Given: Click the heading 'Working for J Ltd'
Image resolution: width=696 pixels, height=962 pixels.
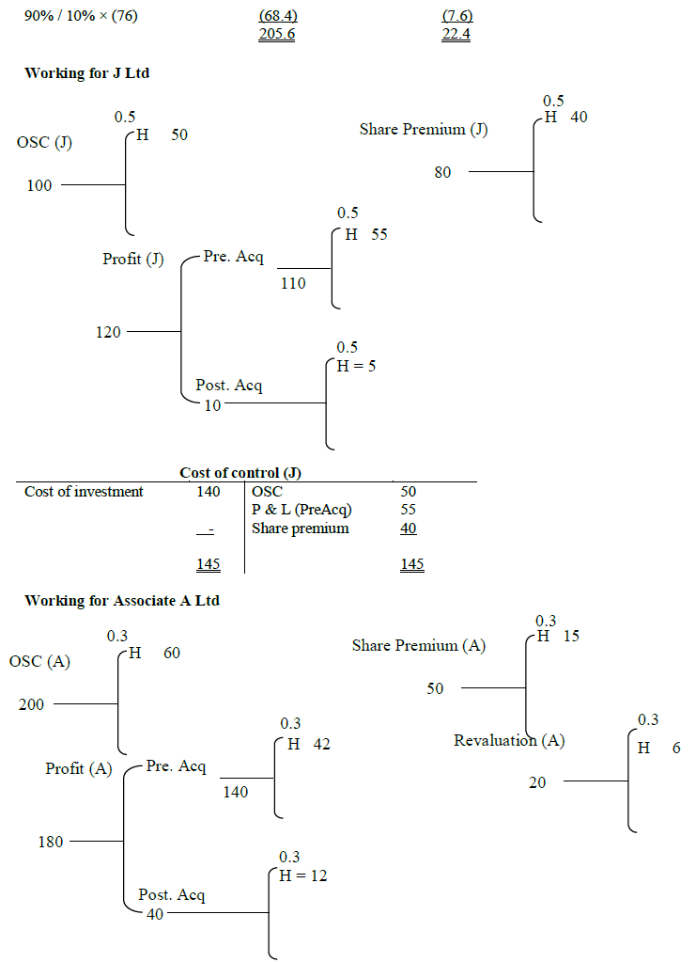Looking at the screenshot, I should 87,73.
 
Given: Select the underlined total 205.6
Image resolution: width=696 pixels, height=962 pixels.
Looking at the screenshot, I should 277,35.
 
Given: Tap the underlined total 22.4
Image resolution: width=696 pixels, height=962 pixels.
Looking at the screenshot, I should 456,35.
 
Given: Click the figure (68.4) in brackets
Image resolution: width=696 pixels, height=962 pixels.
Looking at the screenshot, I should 277,17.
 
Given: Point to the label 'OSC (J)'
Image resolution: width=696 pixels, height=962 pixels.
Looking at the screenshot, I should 44,143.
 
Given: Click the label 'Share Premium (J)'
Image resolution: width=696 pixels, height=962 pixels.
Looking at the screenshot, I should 424,130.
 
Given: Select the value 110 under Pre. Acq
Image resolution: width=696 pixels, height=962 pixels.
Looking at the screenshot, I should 293,283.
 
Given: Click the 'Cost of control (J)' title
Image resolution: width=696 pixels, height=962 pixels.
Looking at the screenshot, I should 247,472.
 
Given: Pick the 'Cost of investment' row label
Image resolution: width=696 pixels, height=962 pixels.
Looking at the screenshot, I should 84,491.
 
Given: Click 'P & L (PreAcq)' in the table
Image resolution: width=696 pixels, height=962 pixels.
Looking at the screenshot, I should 302,510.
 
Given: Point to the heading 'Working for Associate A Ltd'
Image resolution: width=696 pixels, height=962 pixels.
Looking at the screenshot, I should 122,600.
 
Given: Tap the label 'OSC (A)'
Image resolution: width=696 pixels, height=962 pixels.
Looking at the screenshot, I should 40,662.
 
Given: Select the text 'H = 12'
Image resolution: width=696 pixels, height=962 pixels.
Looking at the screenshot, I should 303,875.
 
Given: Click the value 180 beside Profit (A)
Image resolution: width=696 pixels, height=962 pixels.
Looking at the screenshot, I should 51,842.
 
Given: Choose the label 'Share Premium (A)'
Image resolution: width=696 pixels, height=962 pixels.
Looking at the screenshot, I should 419,645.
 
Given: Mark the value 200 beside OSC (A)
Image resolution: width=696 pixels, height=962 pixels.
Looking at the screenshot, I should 31,704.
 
